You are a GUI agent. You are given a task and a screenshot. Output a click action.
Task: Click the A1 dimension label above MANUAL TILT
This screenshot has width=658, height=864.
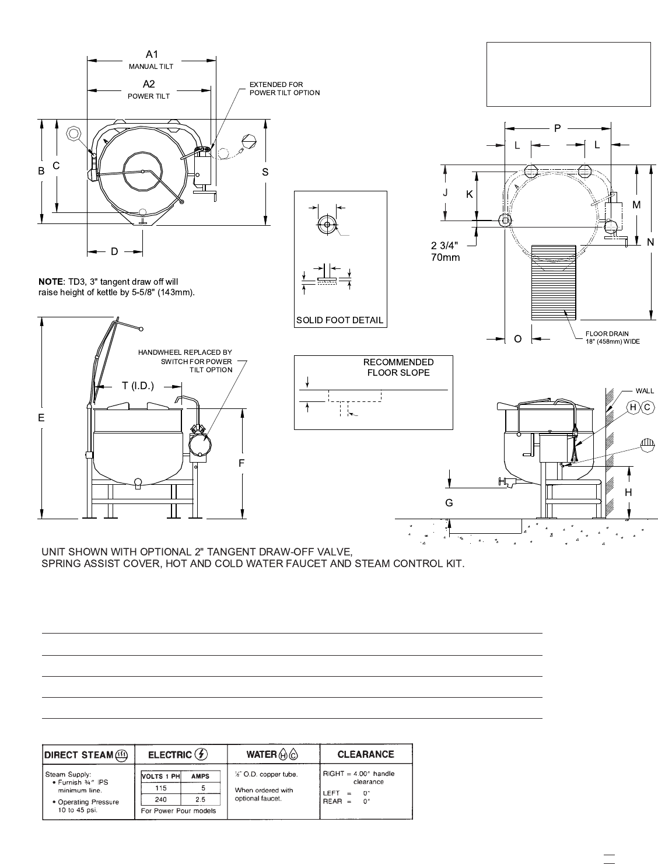click(152, 54)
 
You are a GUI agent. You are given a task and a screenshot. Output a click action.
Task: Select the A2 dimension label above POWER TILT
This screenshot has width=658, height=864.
click(149, 84)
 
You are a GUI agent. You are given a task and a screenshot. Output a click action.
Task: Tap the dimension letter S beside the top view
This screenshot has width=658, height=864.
click(265, 172)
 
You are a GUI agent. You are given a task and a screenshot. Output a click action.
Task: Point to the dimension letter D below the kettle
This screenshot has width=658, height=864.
click(114, 251)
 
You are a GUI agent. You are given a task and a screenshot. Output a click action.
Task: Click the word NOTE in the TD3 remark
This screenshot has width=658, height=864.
click(50, 282)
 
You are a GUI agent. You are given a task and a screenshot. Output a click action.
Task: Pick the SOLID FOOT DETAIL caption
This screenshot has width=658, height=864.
click(339, 320)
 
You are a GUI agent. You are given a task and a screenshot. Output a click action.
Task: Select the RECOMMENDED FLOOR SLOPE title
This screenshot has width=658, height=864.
click(398, 368)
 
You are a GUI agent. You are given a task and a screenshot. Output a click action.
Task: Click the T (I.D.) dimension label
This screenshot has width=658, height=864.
click(138, 386)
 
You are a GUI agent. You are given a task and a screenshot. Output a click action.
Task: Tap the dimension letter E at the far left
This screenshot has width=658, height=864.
click(41, 418)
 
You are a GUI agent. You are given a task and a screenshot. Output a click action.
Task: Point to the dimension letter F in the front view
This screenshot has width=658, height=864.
click(242, 463)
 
